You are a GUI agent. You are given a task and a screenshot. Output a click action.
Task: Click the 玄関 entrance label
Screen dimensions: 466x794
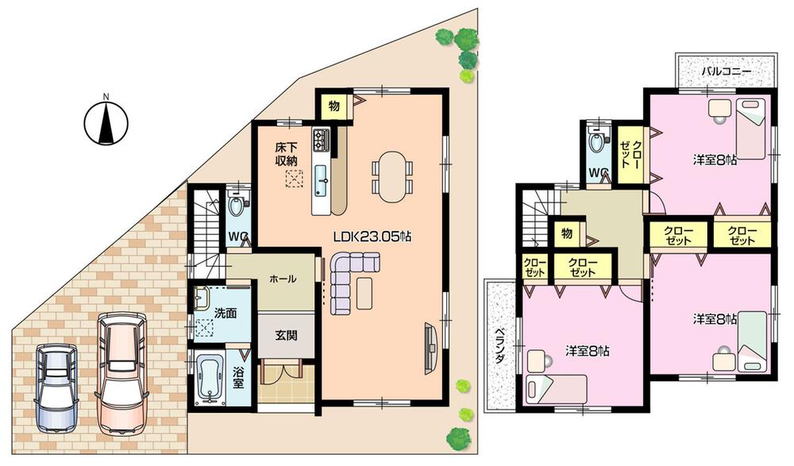(x=287, y=336)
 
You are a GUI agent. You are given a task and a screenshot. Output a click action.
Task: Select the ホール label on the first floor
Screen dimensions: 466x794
(x=283, y=279)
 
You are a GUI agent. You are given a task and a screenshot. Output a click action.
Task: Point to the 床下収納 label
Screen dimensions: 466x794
(x=287, y=155)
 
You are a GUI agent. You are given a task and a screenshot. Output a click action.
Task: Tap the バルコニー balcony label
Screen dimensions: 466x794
(x=726, y=71)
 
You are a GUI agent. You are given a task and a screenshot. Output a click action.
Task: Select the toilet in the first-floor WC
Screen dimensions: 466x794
(x=236, y=209)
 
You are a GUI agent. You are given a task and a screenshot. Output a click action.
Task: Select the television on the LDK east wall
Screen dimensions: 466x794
(x=430, y=345)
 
